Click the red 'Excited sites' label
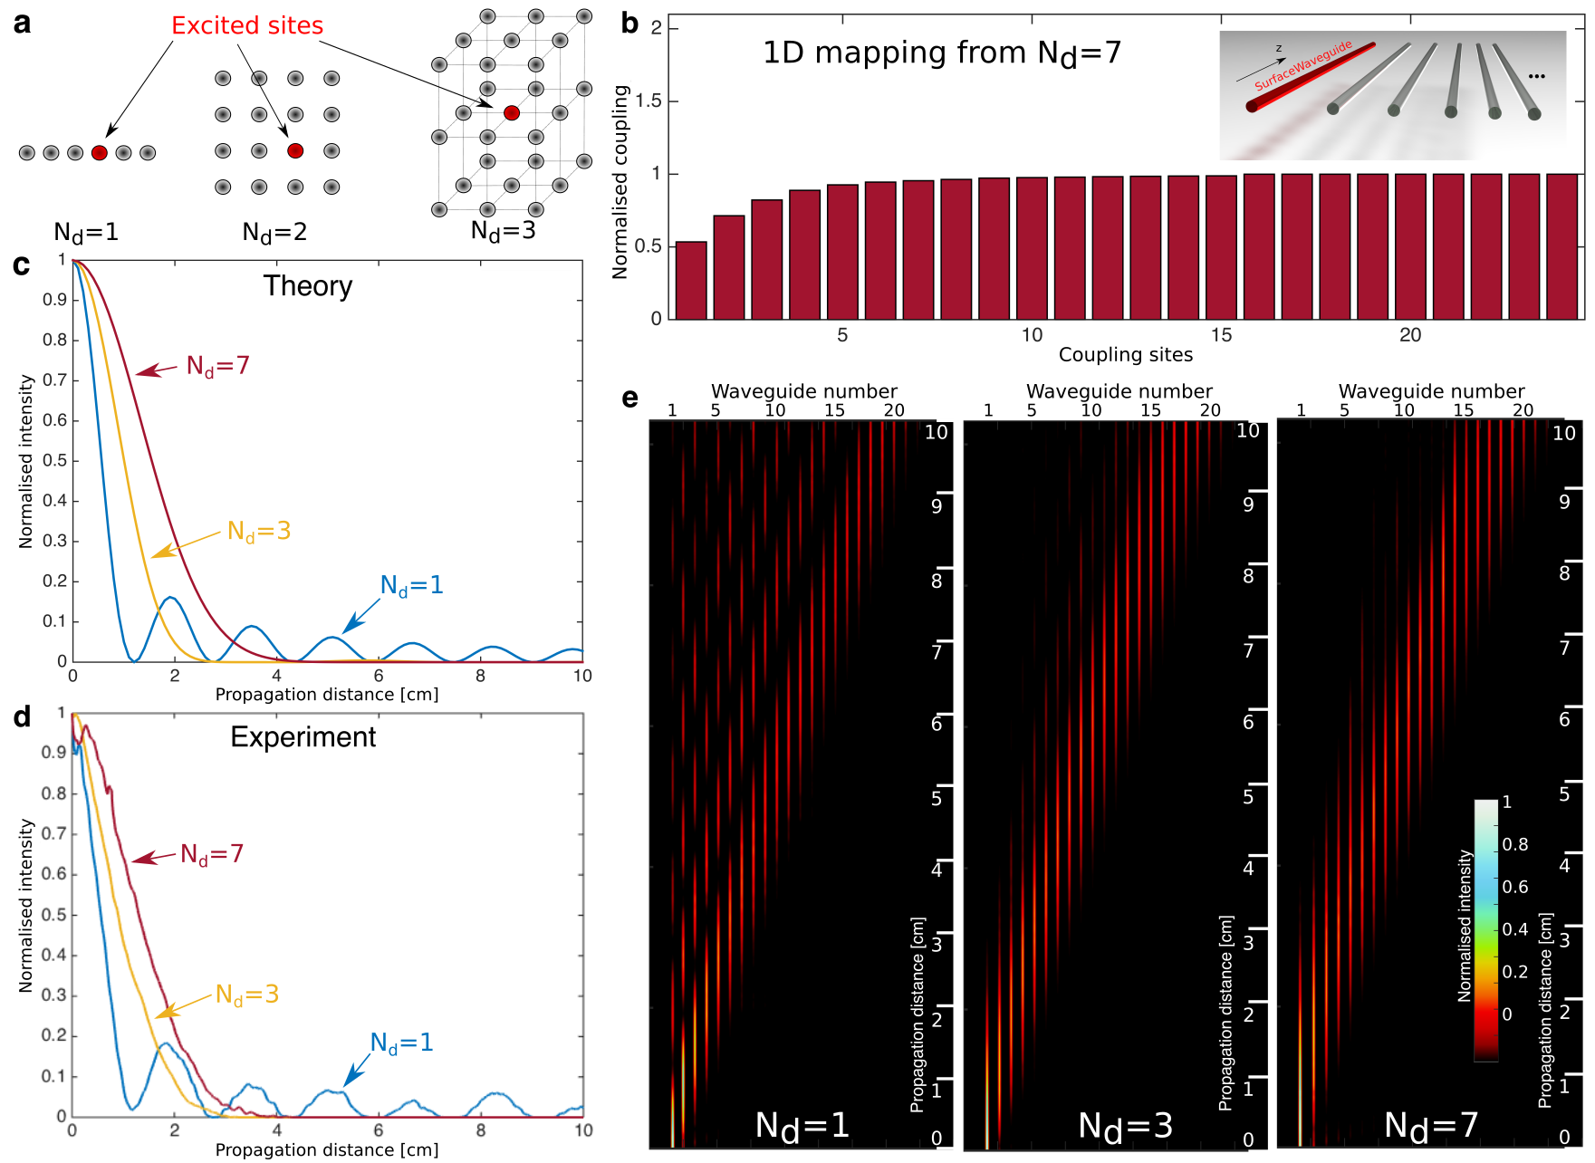[247, 25]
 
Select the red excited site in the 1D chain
[100, 153]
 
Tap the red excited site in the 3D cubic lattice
[512, 113]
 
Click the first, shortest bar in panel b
[691, 280]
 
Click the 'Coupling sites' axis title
[1125, 355]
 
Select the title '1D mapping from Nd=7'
[942, 53]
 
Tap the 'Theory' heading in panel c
[308, 286]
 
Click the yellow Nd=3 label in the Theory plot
[259, 532]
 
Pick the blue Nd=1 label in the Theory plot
[412, 586]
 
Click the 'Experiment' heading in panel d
[303, 737]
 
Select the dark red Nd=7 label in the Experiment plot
[212, 854]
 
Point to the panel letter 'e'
[630, 398]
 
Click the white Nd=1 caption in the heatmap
[802, 1126]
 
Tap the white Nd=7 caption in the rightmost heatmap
[1431, 1126]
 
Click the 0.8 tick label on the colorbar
[1515, 844]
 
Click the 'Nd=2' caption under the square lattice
[274, 233]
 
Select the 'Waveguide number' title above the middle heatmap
[1119, 391]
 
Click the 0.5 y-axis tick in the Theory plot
[55, 460]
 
